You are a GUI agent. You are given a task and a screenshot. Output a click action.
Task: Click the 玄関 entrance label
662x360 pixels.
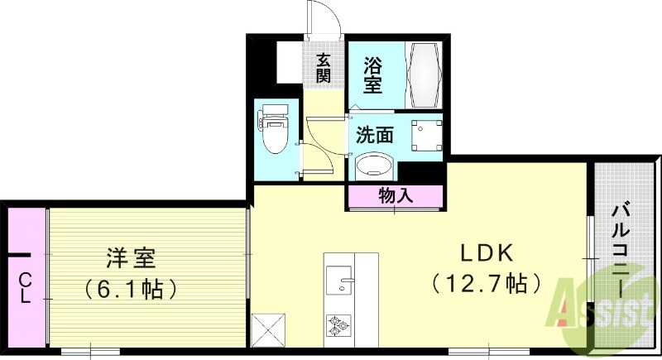click(x=323, y=68)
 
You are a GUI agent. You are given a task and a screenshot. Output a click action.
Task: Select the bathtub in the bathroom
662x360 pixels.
click(x=425, y=74)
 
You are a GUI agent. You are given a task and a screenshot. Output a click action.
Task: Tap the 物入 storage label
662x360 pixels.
click(x=396, y=196)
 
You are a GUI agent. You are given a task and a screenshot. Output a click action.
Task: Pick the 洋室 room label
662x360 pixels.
click(x=132, y=258)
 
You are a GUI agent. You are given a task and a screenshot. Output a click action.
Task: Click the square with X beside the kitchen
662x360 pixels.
click(x=269, y=329)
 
